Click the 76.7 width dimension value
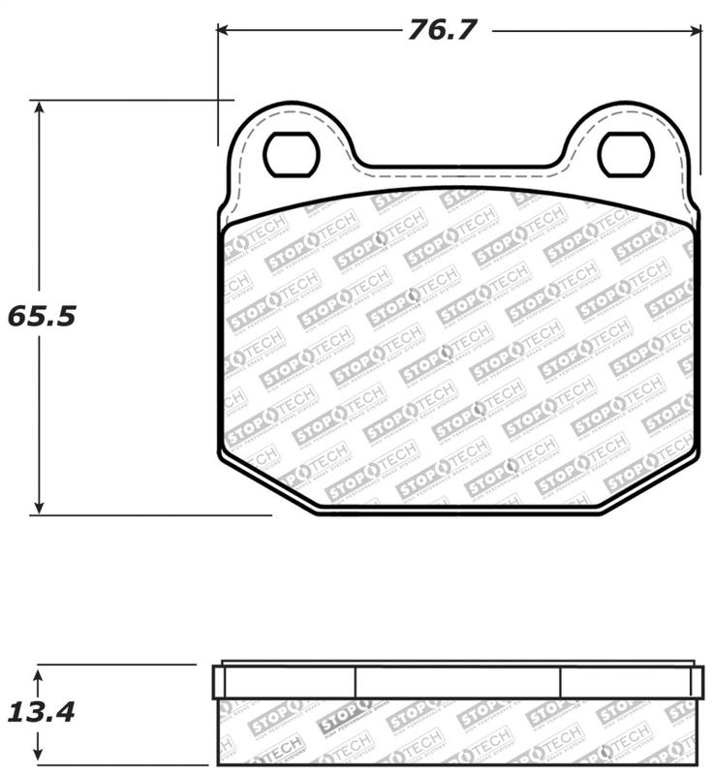point(442,30)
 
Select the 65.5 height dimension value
point(41,316)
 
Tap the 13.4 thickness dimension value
point(41,712)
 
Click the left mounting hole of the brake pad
point(292,155)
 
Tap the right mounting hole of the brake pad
point(626,155)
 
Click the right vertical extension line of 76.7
point(700,97)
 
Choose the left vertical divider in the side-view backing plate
point(356,682)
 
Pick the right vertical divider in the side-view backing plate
point(561,682)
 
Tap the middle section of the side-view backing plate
point(458,682)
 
